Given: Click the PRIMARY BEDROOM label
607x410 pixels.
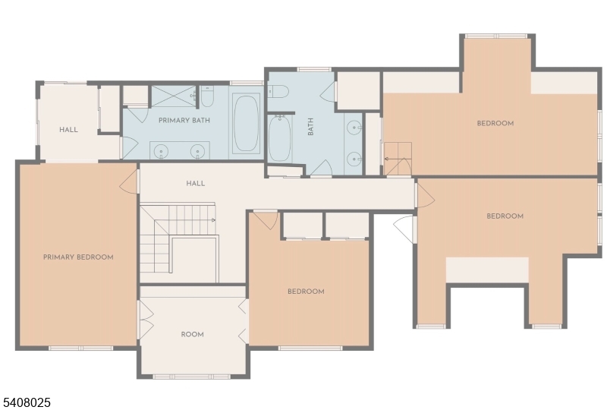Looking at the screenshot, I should coord(78,257).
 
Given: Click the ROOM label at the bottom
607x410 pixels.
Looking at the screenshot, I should coord(192,334).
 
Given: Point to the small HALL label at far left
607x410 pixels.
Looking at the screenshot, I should coord(68,130).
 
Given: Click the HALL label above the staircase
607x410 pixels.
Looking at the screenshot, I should coord(196,183).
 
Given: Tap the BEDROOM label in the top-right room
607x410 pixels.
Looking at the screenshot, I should coord(495,123).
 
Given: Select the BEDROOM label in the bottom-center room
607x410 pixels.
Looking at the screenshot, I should coord(306,292).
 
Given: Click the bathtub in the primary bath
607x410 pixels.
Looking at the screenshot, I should coord(246,124).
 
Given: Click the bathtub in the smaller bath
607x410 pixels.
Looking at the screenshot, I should coord(279,138).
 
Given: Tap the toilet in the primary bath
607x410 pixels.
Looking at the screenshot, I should coord(207,97).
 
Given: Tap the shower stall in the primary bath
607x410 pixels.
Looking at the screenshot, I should coord(173,96).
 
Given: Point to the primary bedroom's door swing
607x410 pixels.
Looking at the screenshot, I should coord(131,179).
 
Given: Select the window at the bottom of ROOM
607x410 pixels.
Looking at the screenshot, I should coord(192,376).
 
